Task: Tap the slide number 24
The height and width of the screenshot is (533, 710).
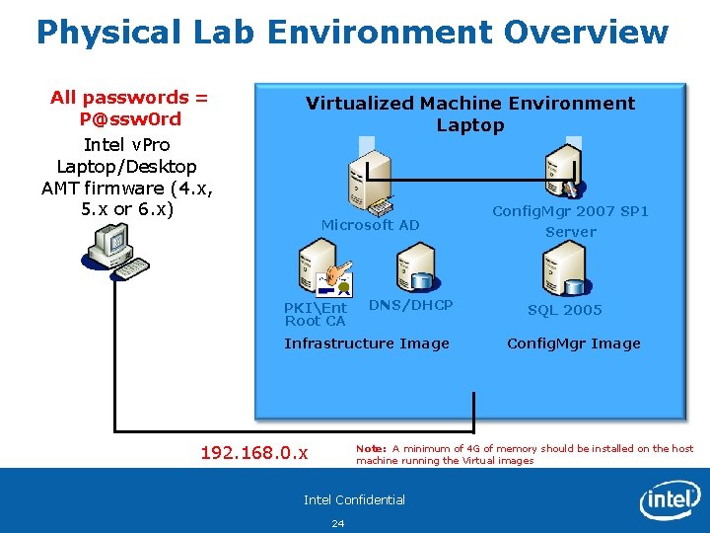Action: (x=338, y=523)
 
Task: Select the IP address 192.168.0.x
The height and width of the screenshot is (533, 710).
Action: (x=253, y=453)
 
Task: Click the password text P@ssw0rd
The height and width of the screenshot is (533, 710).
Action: (x=129, y=119)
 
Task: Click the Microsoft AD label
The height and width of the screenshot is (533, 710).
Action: (x=370, y=225)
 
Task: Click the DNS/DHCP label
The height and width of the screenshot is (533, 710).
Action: (x=410, y=305)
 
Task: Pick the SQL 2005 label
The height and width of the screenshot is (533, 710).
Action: (x=564, y=310)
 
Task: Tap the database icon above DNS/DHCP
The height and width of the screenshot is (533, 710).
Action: (x=413, y=266)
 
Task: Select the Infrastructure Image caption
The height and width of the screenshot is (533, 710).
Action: (x=366, y=343)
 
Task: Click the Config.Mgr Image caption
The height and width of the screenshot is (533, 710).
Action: (x=573, y=343)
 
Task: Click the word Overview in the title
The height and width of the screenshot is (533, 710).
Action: (x=586, y=32)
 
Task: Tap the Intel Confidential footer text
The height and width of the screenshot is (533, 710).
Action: (x=354, y=499)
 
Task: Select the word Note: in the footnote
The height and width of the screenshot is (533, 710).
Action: (x=371, y=448)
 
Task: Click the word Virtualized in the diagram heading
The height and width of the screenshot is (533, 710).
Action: (x=360, y=103)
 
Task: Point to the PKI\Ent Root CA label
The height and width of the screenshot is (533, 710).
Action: (x=316, y=314)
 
